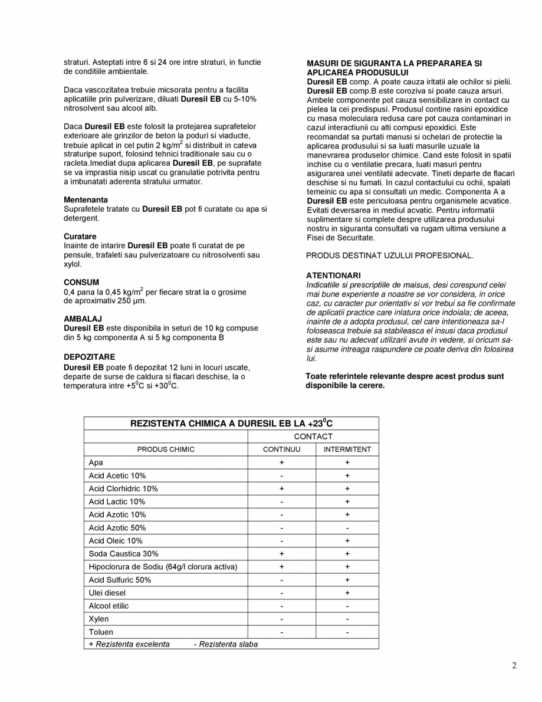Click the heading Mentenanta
86,200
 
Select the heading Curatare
80,236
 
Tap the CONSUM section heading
81,282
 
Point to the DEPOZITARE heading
89,357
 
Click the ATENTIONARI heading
333,275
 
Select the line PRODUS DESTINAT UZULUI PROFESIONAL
389,255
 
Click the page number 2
514,666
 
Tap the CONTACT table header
313,437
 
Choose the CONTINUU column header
281,450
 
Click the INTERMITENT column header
347,450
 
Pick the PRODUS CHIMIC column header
166,450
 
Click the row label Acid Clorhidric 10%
123,488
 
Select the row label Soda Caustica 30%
123,554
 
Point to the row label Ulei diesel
107,593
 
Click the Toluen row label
101,632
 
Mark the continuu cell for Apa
282,462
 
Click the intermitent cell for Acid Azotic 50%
347,528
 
